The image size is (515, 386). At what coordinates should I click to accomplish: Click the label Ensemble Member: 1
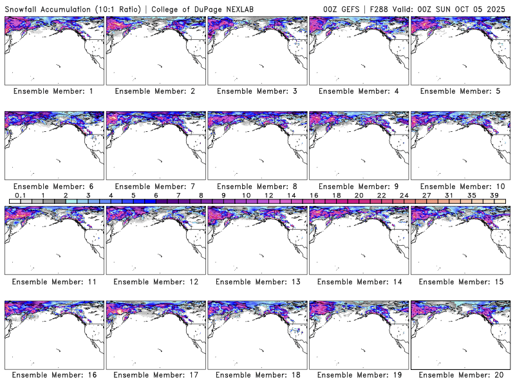click(53, 91)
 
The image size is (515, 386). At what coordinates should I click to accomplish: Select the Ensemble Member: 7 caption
click(155, 186)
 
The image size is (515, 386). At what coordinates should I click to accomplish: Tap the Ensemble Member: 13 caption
click(257, 281)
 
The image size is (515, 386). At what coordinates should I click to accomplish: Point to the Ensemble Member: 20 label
click(460, 375)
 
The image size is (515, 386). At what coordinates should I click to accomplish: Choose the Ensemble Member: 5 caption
click(460, 91)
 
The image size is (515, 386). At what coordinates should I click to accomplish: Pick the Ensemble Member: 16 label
click(53, 375)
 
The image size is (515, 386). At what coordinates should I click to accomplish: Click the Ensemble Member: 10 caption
click(460, 186)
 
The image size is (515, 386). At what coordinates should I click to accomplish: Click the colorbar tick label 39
click(494, 195)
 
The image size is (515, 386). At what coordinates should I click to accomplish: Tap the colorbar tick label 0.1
click(20, 195)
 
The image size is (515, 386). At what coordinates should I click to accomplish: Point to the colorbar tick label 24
click(404, 195)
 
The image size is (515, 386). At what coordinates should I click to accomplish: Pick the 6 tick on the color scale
click(156, 195)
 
